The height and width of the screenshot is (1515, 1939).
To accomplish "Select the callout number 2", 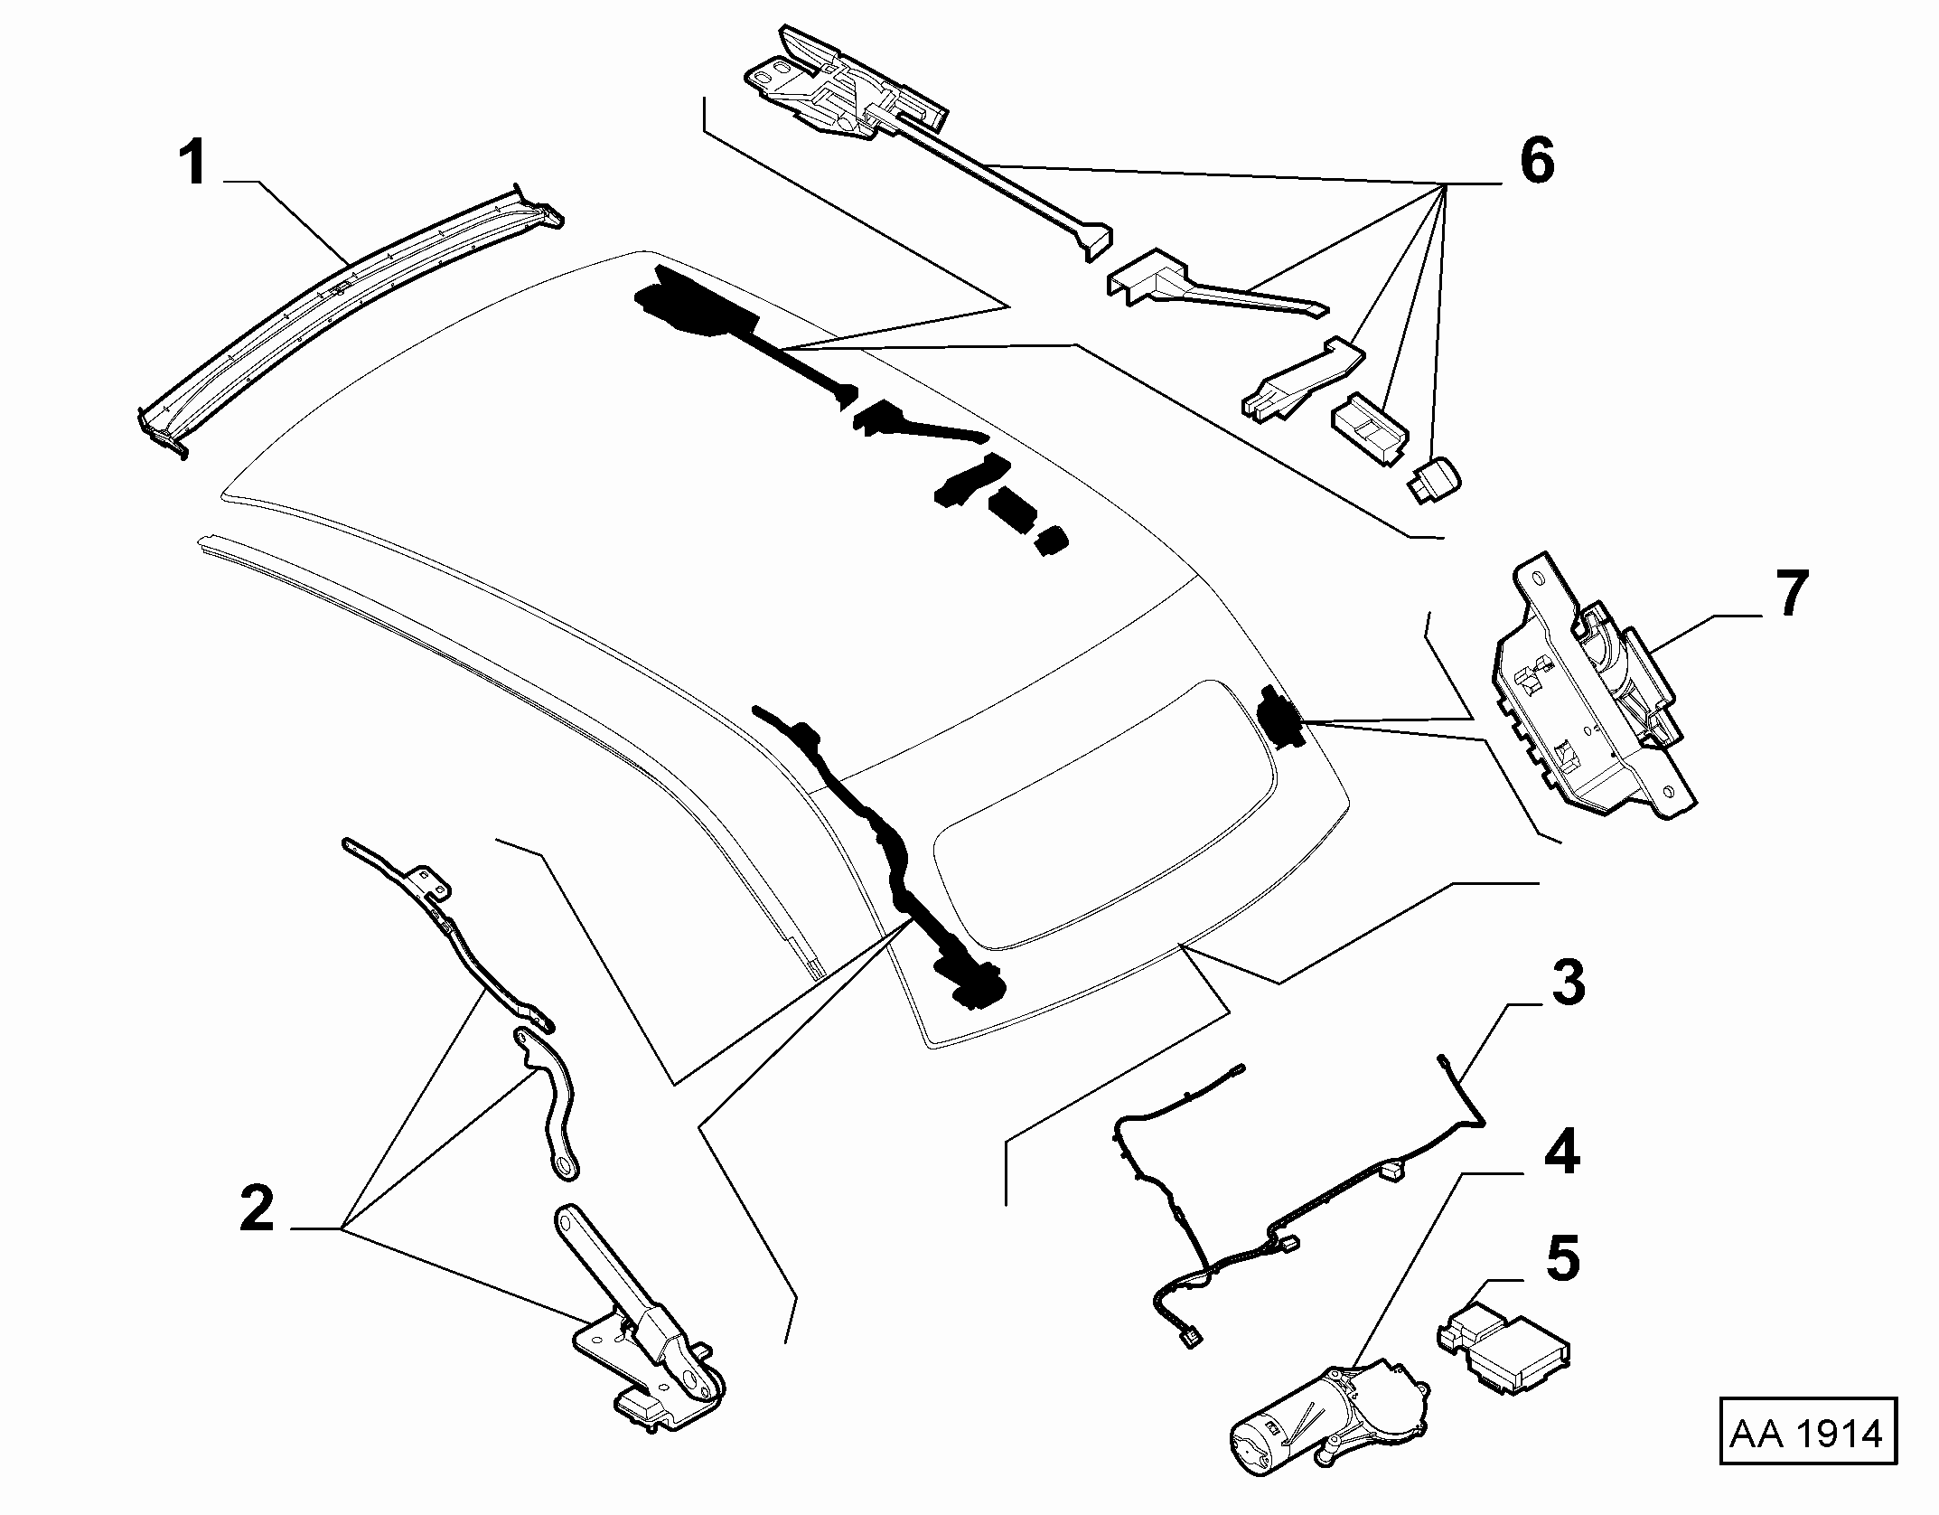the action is pos(257,1209).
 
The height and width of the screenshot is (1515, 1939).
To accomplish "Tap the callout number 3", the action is pos(1568,983).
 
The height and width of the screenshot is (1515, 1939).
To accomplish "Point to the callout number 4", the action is pos(1561,1153).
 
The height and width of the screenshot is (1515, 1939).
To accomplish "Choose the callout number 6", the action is pos(1537,161).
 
